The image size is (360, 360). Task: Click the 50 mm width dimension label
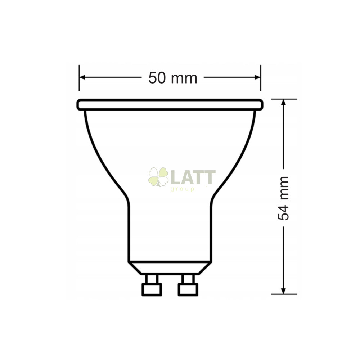tap(173, 78)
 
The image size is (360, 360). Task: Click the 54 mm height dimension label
tap(283, 198)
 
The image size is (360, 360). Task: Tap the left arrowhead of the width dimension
tap(82, 77)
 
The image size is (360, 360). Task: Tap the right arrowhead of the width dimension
tap(258, 77)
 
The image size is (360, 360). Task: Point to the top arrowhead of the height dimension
tap(284, 102)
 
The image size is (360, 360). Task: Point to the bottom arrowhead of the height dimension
tap(284, 291)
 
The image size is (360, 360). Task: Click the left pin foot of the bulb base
tap(152, 289)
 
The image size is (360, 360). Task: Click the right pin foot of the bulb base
tap(188, 289)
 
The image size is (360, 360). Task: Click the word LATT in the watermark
tap(193, 177)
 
